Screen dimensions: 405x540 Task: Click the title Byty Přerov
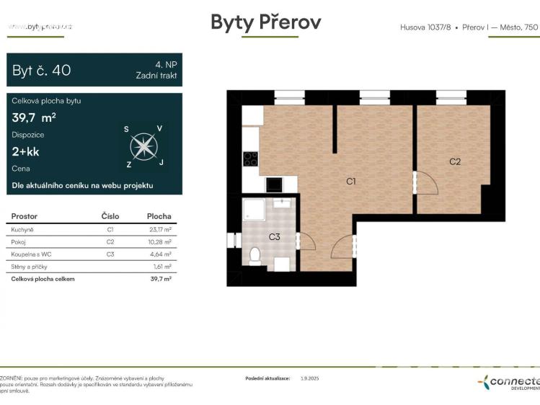pyautogui.click(x=265, y=22)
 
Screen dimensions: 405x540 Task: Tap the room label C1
pyautogui.click(x=350, y=182)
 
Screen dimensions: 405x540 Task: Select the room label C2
pyautogui.click(x=454, y=161)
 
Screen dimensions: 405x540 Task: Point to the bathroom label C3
pyautogui.click(x=275, y=236)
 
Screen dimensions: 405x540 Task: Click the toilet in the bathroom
pyautogui.click(x=254, y=256)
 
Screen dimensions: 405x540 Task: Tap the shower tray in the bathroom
pyautogui.click(x=254, y=209)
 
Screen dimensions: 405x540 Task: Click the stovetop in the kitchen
pyautogui.click(x=250, y=159)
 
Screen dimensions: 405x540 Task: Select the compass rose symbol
pyautogui.click(x=144, y=147)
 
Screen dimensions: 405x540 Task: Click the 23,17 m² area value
pyautogui.click(x=159, y=229)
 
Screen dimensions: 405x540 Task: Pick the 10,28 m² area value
pyautogui.click(x=159, y=241)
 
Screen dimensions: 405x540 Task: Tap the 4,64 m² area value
pyautogui.click(x=159, y=254)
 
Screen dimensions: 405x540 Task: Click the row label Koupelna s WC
pyautogui.click(x=30, y=254)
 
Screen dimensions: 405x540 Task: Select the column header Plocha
pyautogui.click(x=159, y=216)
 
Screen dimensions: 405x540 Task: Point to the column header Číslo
pyautogui.click(x=110, y=216)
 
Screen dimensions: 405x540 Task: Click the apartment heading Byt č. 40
pyautogui.click(x=42, y=71)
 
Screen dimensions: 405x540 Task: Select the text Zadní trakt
pyautogui.click(x=156, y=75)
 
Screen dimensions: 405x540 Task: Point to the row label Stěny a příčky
pyautogui.click(x=30, y=266)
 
